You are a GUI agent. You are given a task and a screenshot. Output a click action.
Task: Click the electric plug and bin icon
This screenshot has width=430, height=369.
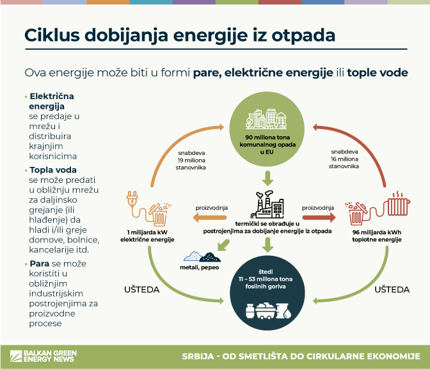[149, 205]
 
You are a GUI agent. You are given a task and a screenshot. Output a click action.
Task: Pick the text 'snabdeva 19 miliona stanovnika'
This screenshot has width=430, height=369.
[192, 159]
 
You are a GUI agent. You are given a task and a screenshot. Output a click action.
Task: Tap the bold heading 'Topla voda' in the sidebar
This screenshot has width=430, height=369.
[53, 170]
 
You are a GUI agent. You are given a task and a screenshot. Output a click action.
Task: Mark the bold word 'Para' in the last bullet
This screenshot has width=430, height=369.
[40, 263]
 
